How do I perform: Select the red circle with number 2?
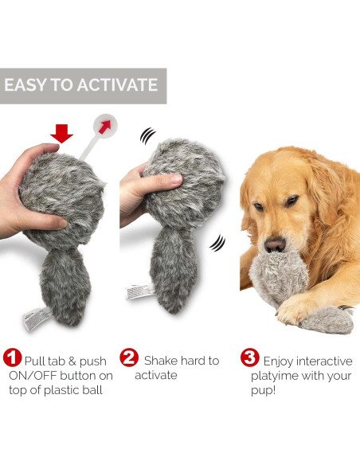point(129,360)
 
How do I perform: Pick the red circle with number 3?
point(249,360)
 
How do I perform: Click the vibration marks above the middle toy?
point(148,136)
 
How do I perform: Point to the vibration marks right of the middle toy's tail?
point(217,242)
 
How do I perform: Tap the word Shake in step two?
point(162,361)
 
